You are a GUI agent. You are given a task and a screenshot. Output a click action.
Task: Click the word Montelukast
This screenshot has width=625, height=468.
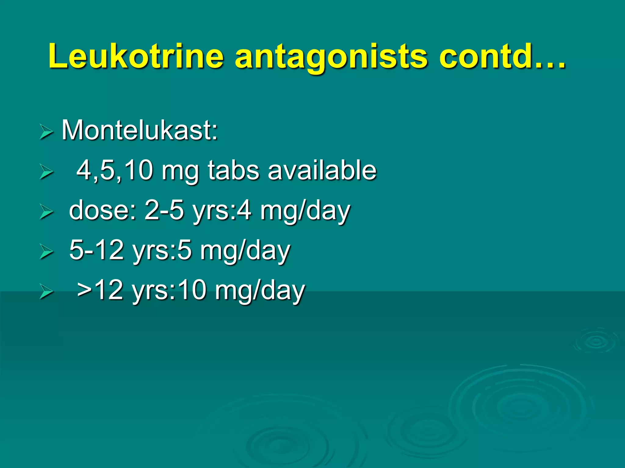point(140,130)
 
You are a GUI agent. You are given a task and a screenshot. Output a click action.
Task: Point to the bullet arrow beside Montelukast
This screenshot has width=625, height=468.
point(46,133)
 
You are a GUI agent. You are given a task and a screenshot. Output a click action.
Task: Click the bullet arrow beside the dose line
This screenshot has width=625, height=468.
point(46,212)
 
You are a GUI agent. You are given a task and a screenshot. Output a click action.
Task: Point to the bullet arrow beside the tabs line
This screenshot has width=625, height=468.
point(46,172)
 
